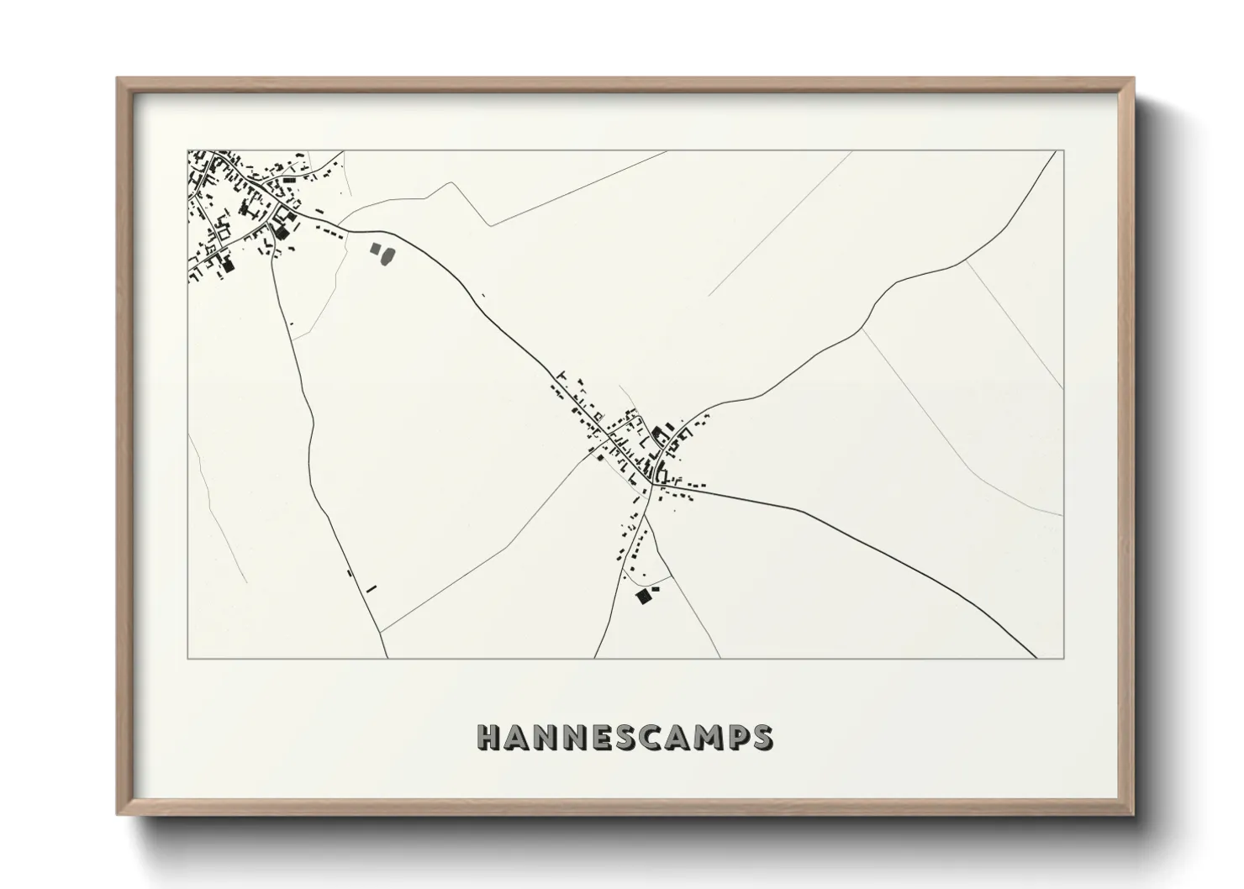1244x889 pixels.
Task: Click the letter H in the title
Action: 489,737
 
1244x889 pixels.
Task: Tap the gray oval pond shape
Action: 388,255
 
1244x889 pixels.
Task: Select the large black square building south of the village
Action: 644,596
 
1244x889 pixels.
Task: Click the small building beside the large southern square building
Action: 656,591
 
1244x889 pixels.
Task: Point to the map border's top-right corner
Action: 1062,150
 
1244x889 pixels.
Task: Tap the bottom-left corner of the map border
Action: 188,658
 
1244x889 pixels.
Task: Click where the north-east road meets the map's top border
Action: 1055,151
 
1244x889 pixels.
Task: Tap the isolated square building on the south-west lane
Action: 348,573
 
